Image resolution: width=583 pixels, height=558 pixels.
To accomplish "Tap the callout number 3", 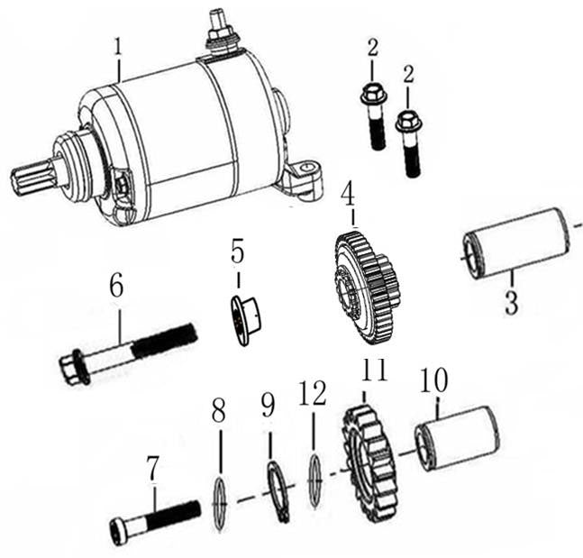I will pyautogui.click(x=512, y=299).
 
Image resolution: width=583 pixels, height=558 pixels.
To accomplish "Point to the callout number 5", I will pyautogui.click(x=237, y=252).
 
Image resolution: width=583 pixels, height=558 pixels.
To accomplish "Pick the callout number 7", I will pyautogui.click(x=153, y=469).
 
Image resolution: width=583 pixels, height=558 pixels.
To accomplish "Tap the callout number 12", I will pyautogui.click(x=312, y=394).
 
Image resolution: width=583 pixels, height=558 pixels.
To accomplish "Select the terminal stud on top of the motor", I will pyautogui.click(x=218, y=27).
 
